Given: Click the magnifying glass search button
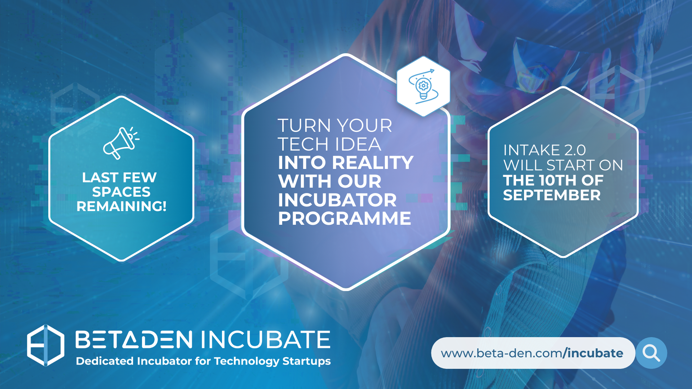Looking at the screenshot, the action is click(x=651, y=353).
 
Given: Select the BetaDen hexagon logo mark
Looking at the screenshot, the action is click(x=46, y=345).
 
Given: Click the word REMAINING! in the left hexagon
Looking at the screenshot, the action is click(x=121, y=206).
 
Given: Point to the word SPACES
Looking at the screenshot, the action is click(x=121, y=192).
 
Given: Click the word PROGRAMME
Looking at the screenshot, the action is click(x=345, y=218).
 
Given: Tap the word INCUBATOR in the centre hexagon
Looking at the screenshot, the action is click(x=337, y=200).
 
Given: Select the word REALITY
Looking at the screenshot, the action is click(x=373, y=162).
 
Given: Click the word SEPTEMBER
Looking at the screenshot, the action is click(x=552, y=195).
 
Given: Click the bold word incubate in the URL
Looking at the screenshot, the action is click(x=595, y=353).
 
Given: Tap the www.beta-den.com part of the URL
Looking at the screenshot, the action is click(x=501, y=353).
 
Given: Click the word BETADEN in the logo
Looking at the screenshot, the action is click(x=134, y=340).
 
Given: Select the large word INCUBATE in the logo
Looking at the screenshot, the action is click(x=266, y=340).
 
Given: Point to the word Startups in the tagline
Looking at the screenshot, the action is click(x=306, y=361).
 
